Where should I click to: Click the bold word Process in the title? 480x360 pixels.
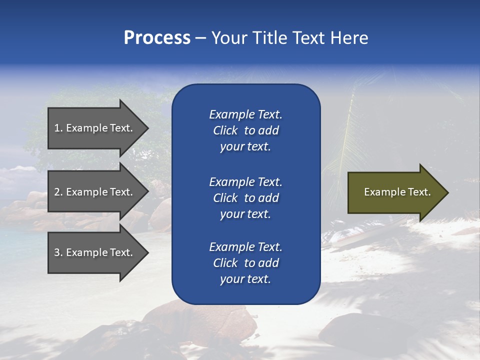[157, 38]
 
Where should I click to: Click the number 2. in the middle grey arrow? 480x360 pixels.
[58, 192]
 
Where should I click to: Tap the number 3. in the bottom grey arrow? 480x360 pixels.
[58, 252]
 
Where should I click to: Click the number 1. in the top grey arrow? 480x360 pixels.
[58, 128]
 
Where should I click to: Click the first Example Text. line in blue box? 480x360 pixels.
[245, 114]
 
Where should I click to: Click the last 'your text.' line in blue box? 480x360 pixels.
[245, 279]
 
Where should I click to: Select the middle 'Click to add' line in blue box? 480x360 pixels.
[245, 198]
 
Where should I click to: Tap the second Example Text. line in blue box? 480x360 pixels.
[245, 181]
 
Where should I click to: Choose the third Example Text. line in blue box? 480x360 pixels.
[245, 246]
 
